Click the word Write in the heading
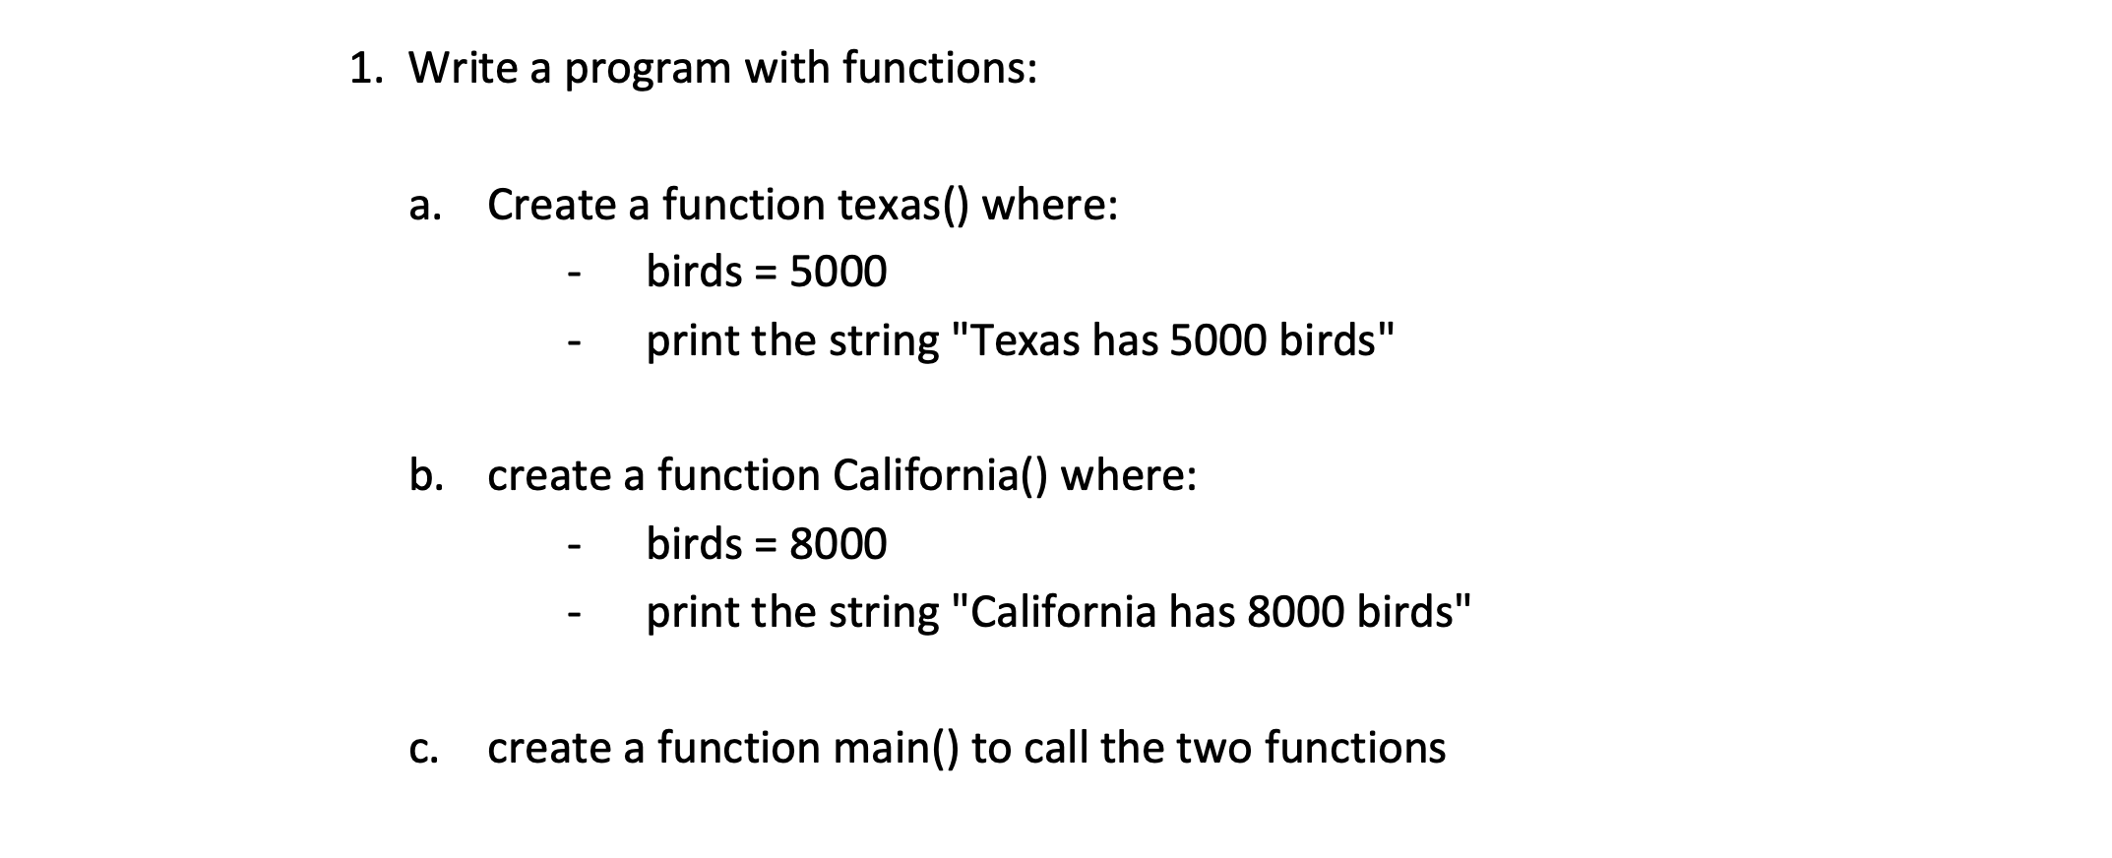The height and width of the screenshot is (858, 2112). (x=463, y=68)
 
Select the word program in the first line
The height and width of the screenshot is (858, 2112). (x=648, y=72)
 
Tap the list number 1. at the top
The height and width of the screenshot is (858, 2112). (x=364, y=69)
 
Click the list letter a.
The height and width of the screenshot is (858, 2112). (x=424, y=207)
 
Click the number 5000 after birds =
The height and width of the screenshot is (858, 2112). (x=838, y=272)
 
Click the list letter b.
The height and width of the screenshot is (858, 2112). (x=425, y=476)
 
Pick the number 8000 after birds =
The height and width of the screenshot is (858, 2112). (x=838, y=543)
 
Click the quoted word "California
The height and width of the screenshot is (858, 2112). (x=1056, y=612)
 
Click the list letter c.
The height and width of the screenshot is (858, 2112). (x=423, y=750)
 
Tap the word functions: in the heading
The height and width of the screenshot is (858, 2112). (x=941, y=68)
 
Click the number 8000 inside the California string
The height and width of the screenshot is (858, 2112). (x=1295, y=612)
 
